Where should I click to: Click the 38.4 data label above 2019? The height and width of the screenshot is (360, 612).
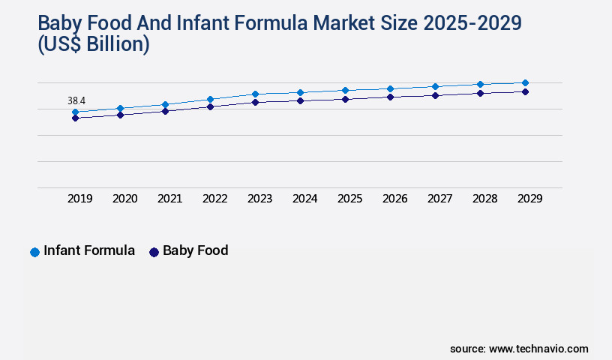pos(76,100)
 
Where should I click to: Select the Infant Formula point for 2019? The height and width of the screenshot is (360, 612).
pos(75,112)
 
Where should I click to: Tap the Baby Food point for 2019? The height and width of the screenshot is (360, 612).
pos(75,118)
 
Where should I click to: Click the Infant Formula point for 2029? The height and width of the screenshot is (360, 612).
pos(525,82)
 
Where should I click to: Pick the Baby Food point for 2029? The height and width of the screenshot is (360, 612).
pos(525,91)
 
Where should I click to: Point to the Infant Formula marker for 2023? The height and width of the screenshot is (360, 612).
pos(255,94)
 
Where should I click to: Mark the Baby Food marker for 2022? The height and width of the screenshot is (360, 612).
pos(210,106)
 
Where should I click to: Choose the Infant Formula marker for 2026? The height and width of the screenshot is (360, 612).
pos(390,88)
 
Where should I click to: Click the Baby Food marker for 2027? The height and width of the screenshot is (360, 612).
pos(435,95)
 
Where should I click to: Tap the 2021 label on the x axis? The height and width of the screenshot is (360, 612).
pos(169,199)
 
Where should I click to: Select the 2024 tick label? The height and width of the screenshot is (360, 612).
pos(304,199)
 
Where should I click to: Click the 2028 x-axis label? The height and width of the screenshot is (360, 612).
pos(484,199)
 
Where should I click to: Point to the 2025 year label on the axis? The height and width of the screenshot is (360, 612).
pos(349,199)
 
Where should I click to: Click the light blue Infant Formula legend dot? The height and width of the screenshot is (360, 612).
pos(34,252)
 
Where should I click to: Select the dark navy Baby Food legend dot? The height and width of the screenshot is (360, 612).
pos(154,252)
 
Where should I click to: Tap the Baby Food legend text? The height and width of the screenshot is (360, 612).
pos(195,251)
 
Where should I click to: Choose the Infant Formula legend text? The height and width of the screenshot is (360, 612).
pos(89,251)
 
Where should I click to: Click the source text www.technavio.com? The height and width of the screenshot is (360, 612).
pos(538,349)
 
